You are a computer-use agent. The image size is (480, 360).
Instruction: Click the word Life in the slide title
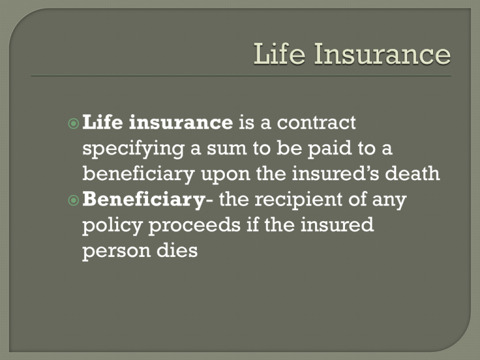coord(279,54)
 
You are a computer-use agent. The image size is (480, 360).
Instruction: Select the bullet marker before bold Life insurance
coord(74,124)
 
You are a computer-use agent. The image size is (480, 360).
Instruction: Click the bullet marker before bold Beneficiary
coord(74,201)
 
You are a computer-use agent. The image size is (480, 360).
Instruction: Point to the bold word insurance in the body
coord(181,122)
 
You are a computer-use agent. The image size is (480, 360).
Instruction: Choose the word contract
coord(316,122)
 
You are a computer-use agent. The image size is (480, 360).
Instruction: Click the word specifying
coord(133,149)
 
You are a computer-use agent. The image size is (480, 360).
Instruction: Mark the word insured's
coord(336,174)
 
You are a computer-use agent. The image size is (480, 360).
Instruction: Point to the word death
coord(412,174)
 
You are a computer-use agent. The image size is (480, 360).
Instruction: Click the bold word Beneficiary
coord(144,200)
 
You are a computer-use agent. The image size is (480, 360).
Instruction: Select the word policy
coord(112,226)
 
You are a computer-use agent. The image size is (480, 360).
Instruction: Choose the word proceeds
coord(195,226)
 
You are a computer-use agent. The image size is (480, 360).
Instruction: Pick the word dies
coord(177,251)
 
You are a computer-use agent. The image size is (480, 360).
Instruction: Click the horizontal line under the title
coord(241,76)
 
